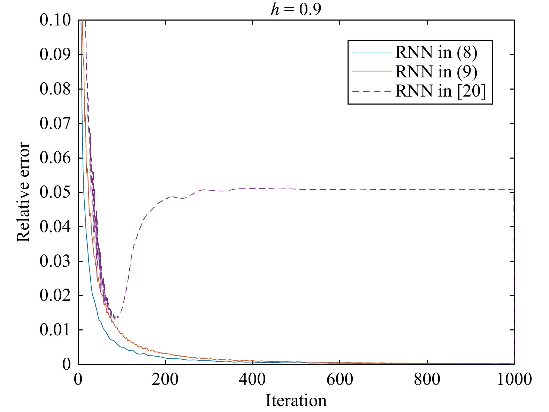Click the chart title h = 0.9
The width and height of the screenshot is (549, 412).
tap(296, 9)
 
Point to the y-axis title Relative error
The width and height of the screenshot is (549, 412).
tap(24, 192)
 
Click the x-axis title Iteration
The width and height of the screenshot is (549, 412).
tap(296, 400)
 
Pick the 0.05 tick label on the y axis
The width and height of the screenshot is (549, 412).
tap(55, 192)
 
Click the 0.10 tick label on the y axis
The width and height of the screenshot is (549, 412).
tap(55, 20)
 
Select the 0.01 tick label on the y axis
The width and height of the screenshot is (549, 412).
tap(55, 330)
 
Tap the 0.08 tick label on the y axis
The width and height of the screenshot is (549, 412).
tap(55, 89)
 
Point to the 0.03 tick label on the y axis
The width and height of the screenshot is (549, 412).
tap(55, 261)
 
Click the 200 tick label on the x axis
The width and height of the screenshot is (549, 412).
tap(165, 379)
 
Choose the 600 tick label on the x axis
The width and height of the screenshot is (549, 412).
tap(340, 379)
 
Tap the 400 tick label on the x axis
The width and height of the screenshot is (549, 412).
tap(252, 379)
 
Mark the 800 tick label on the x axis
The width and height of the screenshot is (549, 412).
tap(427, 379)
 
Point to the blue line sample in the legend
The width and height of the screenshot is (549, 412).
tap(372, 53)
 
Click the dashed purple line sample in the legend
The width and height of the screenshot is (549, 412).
tap(372, 91)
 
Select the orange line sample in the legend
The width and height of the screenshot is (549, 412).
tap(372, 72)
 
